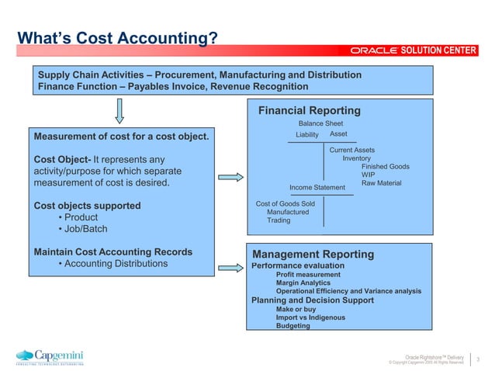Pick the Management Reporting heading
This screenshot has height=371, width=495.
point(313,255)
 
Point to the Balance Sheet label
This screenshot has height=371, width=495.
point(320,123)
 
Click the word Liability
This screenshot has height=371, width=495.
point(307,135)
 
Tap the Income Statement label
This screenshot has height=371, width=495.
point(317,187)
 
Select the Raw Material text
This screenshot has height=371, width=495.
point(381,183)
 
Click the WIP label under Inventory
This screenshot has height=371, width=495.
point(368,175)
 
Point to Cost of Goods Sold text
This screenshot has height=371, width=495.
point(285,204)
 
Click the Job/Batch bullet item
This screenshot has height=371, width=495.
point(85,230)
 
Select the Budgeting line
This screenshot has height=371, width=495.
point(292,326)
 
